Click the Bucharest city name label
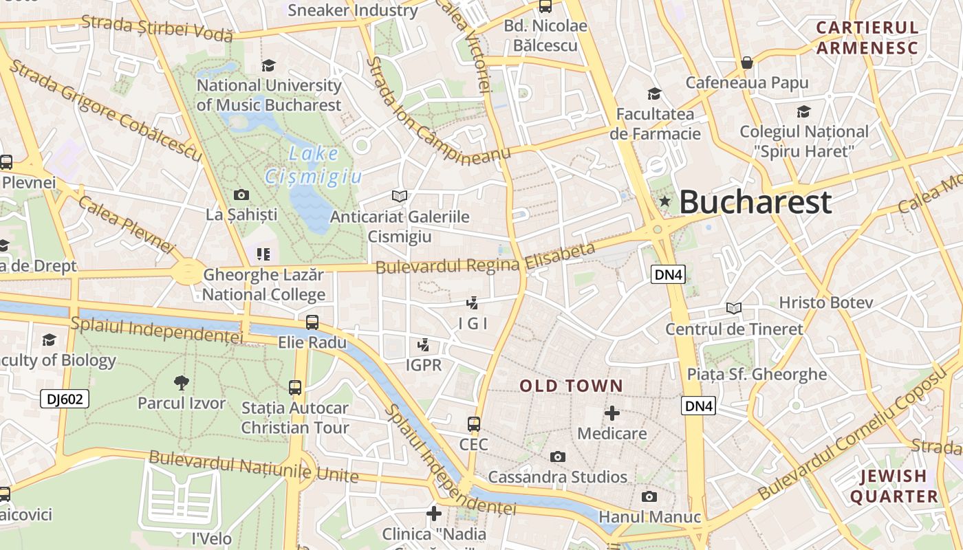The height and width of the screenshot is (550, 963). (x=755, y=202)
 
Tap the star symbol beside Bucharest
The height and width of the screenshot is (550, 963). (x=664, y=201)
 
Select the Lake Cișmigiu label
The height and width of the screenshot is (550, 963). (x=314, y=165)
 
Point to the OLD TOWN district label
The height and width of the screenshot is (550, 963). (x=571, y=386)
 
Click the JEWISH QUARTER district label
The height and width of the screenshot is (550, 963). (x=894, y=486)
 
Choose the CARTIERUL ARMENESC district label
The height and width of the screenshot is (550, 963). (x=867, y=38)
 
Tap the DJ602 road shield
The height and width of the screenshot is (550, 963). (x=65, y=399)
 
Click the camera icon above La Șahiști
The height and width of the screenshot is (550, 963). (x=241, y=195)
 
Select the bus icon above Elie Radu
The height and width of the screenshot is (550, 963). (x=312, y=322)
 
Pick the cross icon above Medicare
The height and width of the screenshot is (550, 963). (x=612, y=413)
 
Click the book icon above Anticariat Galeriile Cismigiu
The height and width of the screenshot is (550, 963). (x=399, y=197)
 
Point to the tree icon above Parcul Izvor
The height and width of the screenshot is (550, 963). (x=181, y=382)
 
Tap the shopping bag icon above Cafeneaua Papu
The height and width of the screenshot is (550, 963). (x=747, y=63)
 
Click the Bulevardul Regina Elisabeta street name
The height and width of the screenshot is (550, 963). (x=485, y=258)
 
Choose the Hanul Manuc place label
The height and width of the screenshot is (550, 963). (x=650, y=517)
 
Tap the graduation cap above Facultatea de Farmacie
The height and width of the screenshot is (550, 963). (x=654, y=93)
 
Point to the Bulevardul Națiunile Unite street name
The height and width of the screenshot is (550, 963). (x=253, y=467)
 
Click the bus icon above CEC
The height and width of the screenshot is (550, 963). (x=473, y=423)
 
